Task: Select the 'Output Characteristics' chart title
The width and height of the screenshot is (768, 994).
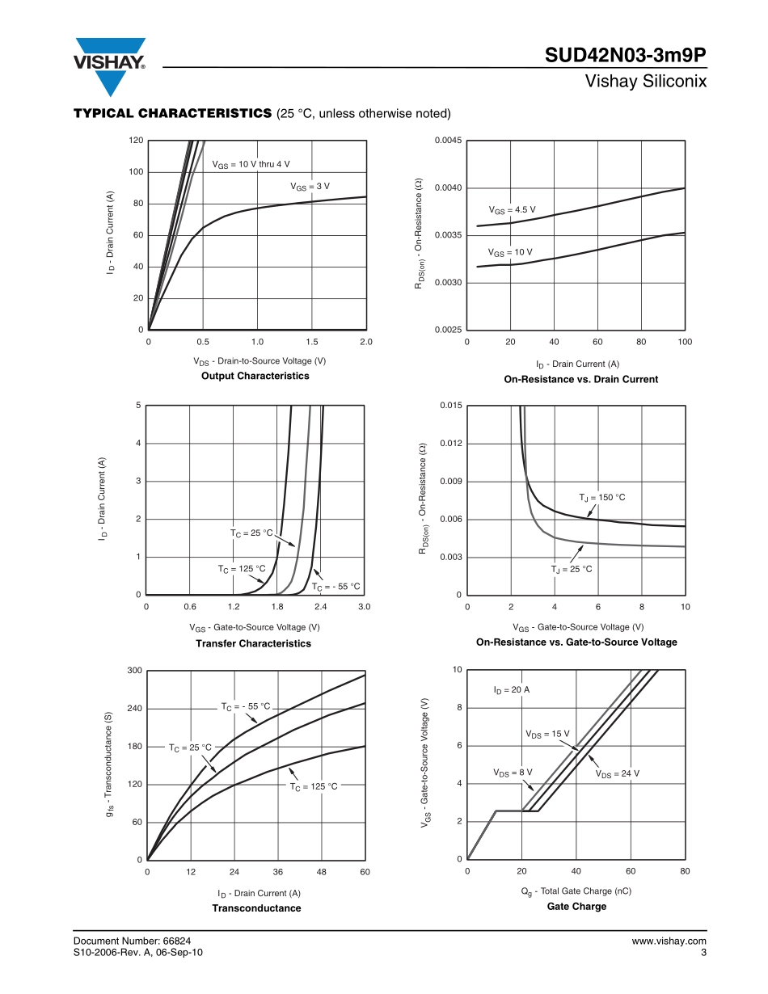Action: coord(255,376)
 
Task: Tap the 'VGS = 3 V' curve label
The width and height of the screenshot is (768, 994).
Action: coord(310,187)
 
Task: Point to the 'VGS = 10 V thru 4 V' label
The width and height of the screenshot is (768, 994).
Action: coord(251,165)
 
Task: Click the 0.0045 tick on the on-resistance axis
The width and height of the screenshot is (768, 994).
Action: coord(448,141)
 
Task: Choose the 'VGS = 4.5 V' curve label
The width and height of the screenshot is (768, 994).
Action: coord(512,211)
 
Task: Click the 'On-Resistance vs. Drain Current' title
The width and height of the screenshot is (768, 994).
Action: coord(580,379)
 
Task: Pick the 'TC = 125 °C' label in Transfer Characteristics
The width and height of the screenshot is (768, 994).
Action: coord(241,569)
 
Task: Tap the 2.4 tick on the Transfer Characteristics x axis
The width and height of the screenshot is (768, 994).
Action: coord(320,607)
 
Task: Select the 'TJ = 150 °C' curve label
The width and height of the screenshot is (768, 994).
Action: coord(601,497)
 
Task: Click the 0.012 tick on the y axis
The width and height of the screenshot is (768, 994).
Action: coord(450,444)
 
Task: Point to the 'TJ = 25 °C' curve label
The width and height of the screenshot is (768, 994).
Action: coord(572,569)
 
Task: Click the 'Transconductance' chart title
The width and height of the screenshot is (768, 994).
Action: coord(256,908)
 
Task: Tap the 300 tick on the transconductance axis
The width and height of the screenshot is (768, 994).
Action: coord(134,671)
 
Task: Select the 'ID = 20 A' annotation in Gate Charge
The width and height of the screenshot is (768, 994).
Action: coord(511,690)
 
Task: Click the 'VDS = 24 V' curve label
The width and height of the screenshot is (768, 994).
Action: coord(617,774)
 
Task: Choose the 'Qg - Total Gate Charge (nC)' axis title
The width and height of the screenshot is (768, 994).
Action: coord(576,891)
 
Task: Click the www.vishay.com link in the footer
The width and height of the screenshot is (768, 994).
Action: coord(669,941)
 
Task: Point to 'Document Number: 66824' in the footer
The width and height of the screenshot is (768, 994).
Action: coord(132,941)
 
